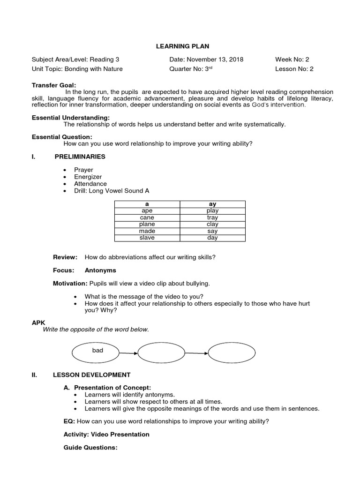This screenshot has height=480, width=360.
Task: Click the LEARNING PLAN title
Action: click(x=182, y=46)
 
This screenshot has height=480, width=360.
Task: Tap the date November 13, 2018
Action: click(x=206, y=60)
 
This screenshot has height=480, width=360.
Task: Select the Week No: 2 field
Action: click(x=292, y=60)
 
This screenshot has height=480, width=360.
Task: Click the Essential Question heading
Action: click(x=61, y=137)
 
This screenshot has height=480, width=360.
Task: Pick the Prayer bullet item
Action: click(x=83, y=170)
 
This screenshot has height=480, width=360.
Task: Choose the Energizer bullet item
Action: click(x=88, y=177)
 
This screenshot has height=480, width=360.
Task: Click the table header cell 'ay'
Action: click(x=212, y=204)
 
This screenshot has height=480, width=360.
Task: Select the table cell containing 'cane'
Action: click(x=147, y=217)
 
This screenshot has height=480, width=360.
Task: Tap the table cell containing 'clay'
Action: click(x=212, y=224)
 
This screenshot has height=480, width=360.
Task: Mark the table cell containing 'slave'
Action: click(x=147, y=238)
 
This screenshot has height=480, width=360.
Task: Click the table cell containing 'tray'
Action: click(x=212, y=217)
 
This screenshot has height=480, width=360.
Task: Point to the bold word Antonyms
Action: click(x=100, y=270)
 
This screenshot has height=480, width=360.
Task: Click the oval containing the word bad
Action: click(x=95, y=352)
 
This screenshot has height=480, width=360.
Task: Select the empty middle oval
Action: click(x=161, y=352)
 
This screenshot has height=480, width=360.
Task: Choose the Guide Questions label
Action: click(x=90, y=448)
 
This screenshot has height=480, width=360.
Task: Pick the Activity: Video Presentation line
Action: click(x=106, y=435)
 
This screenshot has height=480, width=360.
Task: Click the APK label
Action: click(x=37, y=323)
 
